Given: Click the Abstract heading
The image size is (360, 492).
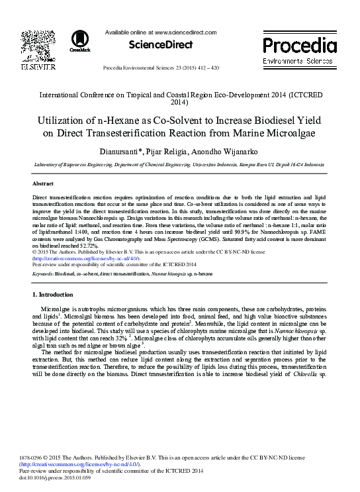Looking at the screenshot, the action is [x=43, y=183].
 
